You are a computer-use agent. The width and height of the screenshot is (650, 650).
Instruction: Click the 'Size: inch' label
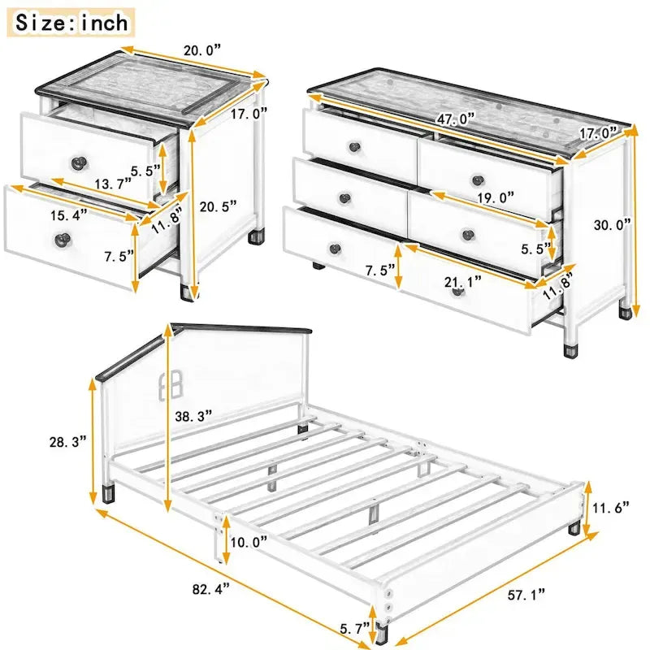tap(72, 22)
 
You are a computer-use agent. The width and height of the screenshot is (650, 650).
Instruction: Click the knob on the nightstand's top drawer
tap(78, 162)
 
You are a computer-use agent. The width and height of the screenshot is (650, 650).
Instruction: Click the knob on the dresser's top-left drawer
tap(354, 146)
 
